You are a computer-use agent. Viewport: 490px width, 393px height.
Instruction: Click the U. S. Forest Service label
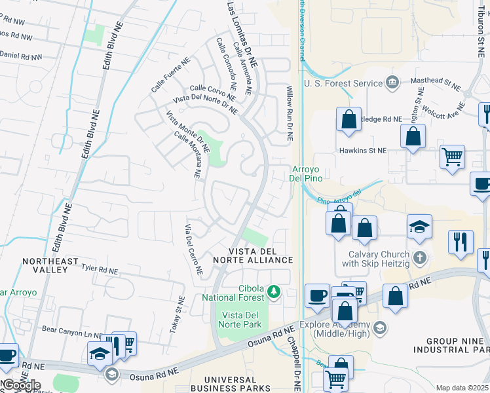pyautogui.click(x=343, y=83)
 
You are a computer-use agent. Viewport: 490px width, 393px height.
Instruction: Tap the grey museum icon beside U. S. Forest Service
pyautogui.click(x=392, y=83)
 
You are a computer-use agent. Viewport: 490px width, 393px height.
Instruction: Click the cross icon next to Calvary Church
pyautogui.click(x=419, y=257)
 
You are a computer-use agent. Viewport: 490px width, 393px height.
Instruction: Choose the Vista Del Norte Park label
pyautogui.click(x=239, y=320)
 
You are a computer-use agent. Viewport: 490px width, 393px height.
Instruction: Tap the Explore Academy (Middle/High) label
pyautogui.click(x=337, y=329)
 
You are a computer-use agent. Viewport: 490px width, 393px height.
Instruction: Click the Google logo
pyautogui.click(x=21, y=384)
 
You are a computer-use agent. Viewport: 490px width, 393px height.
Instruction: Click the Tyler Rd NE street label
pyautogui.click(x=100, y=269)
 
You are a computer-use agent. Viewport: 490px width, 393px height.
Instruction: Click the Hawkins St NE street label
pyautogui.click(x=363, y=150)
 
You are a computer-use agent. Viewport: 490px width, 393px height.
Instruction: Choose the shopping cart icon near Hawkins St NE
pyautogui.click(x=452, y=157)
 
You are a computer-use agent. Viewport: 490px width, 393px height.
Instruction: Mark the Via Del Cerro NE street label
pyautogui.click(x=193, y=250)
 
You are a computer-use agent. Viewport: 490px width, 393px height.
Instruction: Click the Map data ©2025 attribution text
pyautogui.click(x=462, y=388)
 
